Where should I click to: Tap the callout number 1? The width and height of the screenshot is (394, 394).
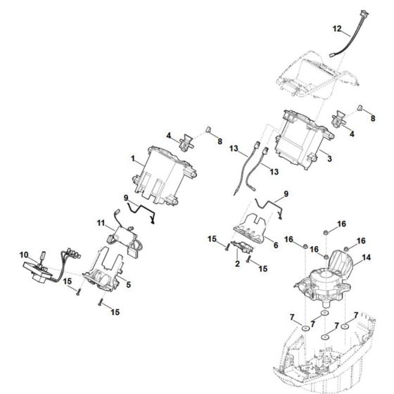click(x=134, y=160)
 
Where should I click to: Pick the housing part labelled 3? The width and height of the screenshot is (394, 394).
click(x=300, y=136)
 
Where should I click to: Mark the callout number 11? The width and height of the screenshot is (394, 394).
click(x=100, y=224)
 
